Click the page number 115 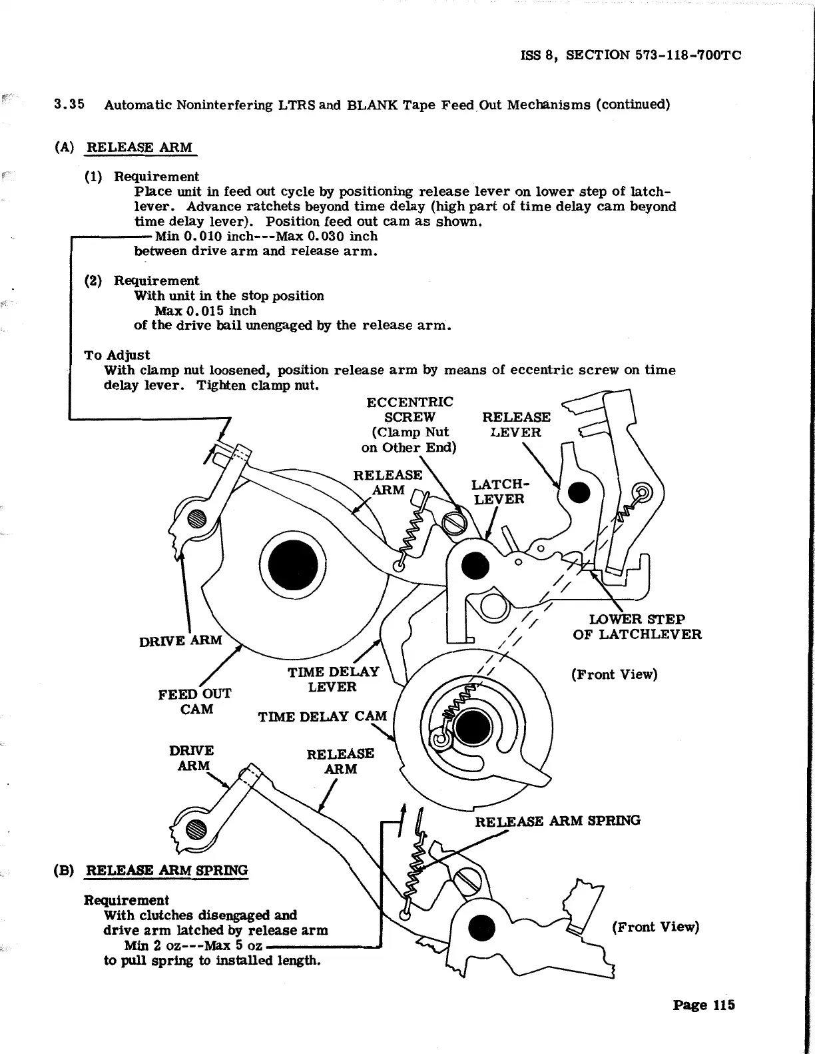(703, 1005)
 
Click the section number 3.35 (69, 105)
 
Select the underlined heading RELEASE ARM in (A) (140, 147)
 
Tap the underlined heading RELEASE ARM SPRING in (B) (167, 870)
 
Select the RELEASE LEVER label (516, 424)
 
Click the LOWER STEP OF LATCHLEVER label (637, 626)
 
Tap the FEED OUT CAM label (194, 701)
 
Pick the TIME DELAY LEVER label (333, 679)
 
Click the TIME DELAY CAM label (322, 717)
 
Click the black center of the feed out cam (292, 560)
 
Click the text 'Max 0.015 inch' (205, 310)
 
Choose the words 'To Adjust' (117, 355)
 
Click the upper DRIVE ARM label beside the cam (180, 641)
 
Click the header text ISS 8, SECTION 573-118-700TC (630, 55)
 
